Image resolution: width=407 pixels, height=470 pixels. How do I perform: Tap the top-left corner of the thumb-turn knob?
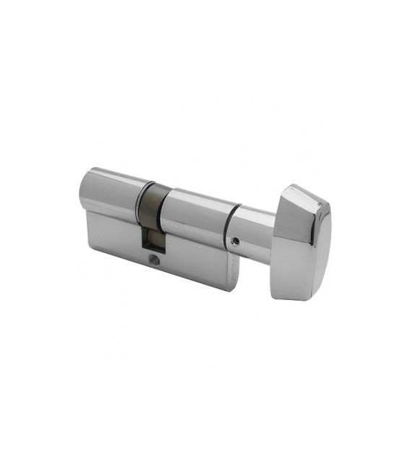[284, 189]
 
